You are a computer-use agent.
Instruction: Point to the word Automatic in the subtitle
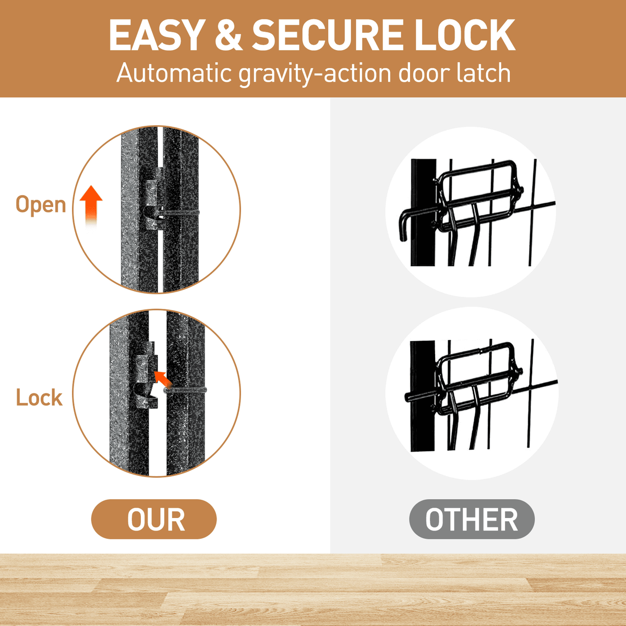pyautogui.click(x=174, y=74)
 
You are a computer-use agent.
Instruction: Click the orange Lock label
pyautogui.click(x=39, y=397)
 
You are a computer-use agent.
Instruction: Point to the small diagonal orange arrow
pyautogui.click(x=163, y=379)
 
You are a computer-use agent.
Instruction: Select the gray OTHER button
pyautogui.click(x=472, y=520)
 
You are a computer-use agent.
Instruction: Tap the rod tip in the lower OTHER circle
pyautogui.click(x=408, y=397)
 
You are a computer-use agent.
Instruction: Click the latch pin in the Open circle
pyautogui.click(x=179, y=212)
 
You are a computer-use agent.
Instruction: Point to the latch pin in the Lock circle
pyautogui.click(x=185, y=390)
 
